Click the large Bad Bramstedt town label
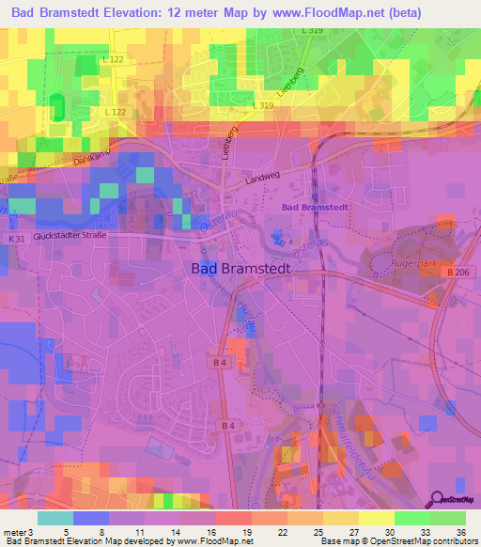pyautogui.click(x=241, y=268)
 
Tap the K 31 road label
pyautogui.click(x=17, y=241)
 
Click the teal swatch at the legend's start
pyautogui.click(x=55, y=517)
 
